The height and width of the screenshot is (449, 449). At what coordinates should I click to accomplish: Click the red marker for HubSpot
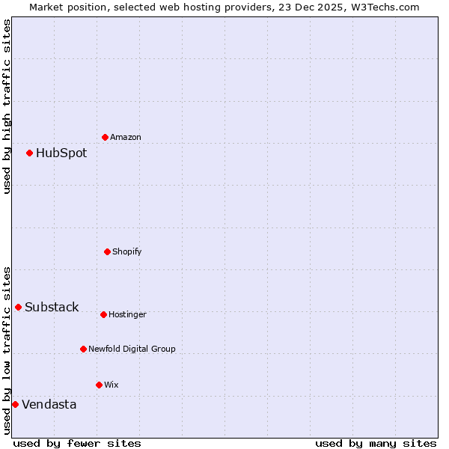pyautogui.click(x=29, y=153)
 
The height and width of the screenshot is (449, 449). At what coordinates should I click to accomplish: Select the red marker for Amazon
pyautogui.click(x=105, y=137)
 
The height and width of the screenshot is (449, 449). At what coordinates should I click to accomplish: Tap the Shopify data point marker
pyautogui.click(x=107, y=251)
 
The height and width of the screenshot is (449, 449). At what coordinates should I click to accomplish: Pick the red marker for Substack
pyautogui.click(x=18, y=307)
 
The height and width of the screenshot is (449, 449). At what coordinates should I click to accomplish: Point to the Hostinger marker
pyautogui.click(x=103, y=314)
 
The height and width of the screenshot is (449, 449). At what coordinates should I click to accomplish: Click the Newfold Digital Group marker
pyautogui.click(x=83, y=349)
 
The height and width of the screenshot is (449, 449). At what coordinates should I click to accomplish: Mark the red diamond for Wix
pyautogui.click(x=99, y=385)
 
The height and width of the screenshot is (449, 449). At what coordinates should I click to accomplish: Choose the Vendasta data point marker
pyautogui.click(x=15, y=404)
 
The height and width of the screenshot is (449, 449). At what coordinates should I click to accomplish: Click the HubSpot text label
pyautogui.click(x=61, y=153)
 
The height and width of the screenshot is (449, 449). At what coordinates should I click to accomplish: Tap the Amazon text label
pyautogui.click(x=126, y=137)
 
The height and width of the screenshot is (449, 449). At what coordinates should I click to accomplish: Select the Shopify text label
pyautogui.click(x=127, y=251)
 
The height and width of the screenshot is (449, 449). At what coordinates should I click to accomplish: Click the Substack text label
pyautogui.click(x=52, y=308)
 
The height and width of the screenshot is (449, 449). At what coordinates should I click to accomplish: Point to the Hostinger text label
pyautogui.click(x=127, y=314)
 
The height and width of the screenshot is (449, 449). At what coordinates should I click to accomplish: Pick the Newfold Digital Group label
pyautogui.click(x=132, y=349)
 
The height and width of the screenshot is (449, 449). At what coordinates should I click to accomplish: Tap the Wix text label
pyautogui.click(x=111, y=385)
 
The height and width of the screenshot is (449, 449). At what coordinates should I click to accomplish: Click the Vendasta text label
pyautogui.click(x=49, y=405)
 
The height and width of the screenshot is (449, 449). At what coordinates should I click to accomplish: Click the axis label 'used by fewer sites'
pyautogui.click(x=77, y=443)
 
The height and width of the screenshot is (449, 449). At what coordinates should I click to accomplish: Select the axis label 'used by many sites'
pyautogui.click(x=376, y=443)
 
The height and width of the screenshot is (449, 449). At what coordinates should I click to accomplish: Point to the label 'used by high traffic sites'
pyautogui.click(x=7, y=106)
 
